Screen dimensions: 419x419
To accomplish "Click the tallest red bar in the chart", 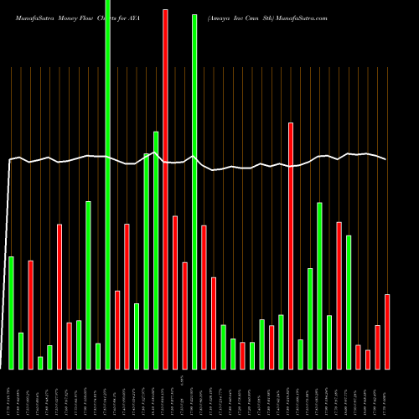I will point(165,189).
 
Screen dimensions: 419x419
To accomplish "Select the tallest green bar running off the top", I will point(108,184).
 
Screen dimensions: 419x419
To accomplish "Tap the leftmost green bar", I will point(11,313).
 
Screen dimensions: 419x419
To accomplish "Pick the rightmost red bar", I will point(387,331).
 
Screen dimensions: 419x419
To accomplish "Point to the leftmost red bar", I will point(30,314).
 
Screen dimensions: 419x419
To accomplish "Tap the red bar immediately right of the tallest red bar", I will point(175,292).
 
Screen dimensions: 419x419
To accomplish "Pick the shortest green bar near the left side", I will point(40,362).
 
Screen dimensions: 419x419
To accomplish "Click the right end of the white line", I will point(386,159).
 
